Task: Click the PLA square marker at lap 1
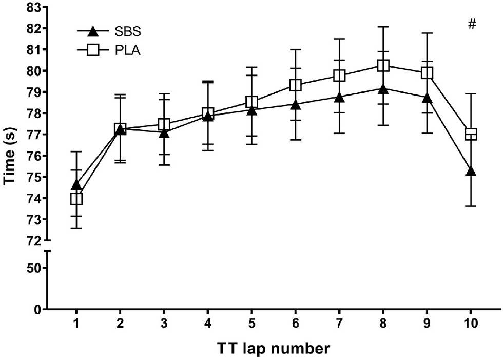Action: pyautogui.click(x=76, y=199)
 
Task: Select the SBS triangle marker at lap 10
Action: pyautogui.click(x=471, y=172)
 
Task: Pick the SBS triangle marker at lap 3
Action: pyautogui.click(x=164, y=134)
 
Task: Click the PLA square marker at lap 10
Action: pyautogui.click(x=471, y=135)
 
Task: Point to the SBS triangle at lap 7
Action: pyautogui.click(x=339, y=98)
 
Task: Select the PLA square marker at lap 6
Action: pyautogui.click(x=295, y=85)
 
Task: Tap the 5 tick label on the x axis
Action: pyautogui.click(x=252, y=324)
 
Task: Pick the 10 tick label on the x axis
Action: pyautogui.click(x=471, y=324)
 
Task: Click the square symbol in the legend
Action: pyautogui.click(x=92, y=50)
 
